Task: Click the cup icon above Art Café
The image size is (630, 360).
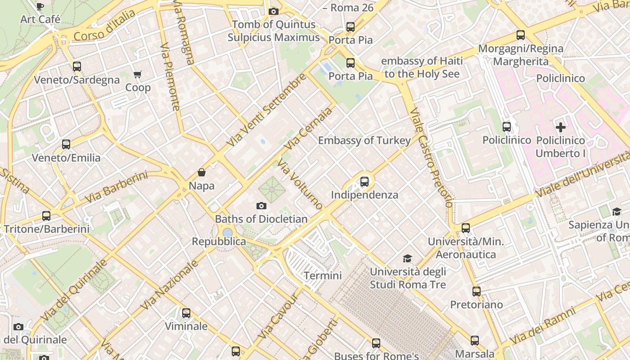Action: tap(40, 6)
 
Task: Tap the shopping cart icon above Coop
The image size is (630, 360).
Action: tap(138, 74)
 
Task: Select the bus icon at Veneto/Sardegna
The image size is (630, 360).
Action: tap(77, 67)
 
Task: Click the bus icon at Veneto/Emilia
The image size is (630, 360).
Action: tap(66, 144)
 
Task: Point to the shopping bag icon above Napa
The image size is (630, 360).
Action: tap(202, 172)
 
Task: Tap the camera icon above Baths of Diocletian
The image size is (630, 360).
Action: tap(261, 206)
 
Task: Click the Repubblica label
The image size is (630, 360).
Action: tap(219, 242)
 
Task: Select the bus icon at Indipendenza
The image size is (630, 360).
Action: tap(364, 182)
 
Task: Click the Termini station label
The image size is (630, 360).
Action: tap(323, 275)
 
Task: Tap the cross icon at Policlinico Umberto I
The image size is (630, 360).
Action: tap(560, 127)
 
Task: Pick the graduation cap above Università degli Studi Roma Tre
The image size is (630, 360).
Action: tap(407, 258)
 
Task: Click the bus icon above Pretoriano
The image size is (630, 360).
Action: tap(477, 292)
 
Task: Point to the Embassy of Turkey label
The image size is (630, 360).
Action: tap(364, 140)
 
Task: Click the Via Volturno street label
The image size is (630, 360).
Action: tap(300, 184)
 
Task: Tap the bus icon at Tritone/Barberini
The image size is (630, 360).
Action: tap(46, 216)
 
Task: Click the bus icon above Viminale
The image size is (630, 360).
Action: tap(186, 313)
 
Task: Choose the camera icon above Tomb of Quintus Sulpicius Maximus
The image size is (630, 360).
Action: tap(273, 11)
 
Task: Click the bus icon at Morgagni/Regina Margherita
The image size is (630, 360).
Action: tap(521, 35)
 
